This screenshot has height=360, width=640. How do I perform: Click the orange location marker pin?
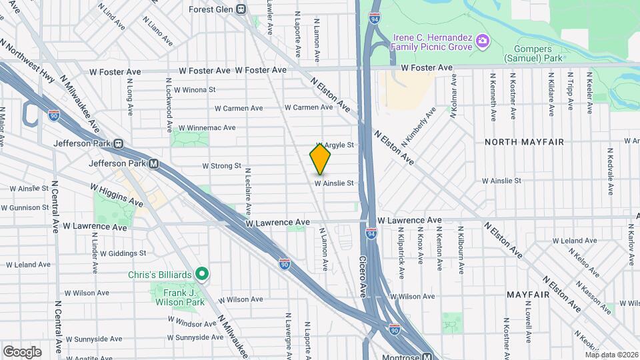320,159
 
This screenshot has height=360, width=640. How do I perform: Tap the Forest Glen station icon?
241,9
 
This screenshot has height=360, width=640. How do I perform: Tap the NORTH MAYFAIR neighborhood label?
524,142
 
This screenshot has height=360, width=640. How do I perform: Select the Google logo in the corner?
22,351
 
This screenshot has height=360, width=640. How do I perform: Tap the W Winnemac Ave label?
207,127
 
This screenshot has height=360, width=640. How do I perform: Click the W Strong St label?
221,165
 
